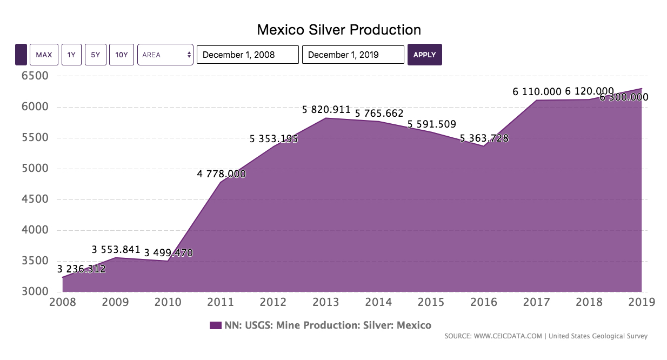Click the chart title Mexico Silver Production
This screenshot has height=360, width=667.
pyautogui.click(x=338, y=29)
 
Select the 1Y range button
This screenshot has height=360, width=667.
pyautogui.click(x=71, y=55)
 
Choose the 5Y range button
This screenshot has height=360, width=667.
pyautogui.click(x=95, y=55)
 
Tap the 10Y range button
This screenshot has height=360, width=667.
pyautogui.click(x=121, y=55)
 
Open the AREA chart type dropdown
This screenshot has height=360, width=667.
pyautogui.click(x=165, y=55)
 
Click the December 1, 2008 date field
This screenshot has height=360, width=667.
pyautogui.click(x=248, y=55)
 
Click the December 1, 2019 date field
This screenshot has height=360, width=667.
pyautogui.click(x=353, y=55)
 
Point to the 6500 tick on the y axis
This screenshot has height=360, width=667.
pyautogui.click(x=34, y=76)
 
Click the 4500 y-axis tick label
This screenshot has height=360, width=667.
pyautogui.click(x=34, y=199)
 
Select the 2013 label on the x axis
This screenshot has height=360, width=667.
pyautogui.click(x=326, y=302)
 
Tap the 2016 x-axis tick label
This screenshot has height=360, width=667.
pyautogui.click(x=484, y=302)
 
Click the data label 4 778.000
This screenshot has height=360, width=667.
pyautogui.click(x=221, y=174)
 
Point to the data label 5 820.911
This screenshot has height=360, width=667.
pyautogui.click(x=326, y=110)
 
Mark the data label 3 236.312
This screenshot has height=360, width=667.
pyautogui.click(x=81, y=269)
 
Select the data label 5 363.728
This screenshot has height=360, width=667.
pyautogui.click(x=484, y=138)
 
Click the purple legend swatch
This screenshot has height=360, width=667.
pyautogui.click(x=215, y=325)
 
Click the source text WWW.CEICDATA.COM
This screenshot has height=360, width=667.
pyautogui.click(x=508, y=336)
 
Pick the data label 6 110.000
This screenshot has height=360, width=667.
pyautogui.click(x=537, y=92)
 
